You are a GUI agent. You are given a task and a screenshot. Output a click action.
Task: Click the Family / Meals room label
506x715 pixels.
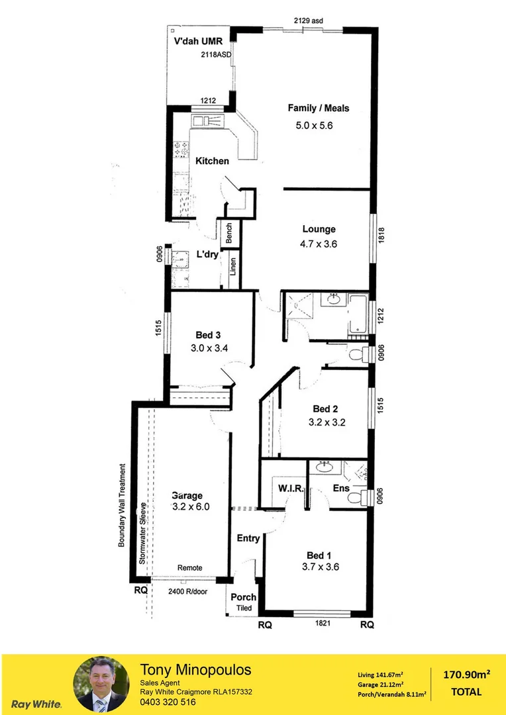(x=318, y=108)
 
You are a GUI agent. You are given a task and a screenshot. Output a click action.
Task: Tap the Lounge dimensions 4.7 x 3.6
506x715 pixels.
(x=319, y=244)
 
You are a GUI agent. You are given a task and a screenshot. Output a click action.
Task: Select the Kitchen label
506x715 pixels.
(x=212, y=161)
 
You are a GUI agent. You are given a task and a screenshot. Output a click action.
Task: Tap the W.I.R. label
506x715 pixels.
(x=290, y=489)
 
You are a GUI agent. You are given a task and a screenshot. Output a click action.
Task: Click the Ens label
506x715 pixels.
(x=341, y=489)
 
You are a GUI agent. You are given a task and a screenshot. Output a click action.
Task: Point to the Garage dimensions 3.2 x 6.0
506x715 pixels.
(x=191, y=507)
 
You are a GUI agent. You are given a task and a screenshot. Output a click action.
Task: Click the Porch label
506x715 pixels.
(x=243, y=597)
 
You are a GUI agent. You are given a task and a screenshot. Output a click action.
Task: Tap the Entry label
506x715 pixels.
(x=248, y=538)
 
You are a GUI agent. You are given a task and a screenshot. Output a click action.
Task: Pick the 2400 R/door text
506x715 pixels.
(x=187, y=591)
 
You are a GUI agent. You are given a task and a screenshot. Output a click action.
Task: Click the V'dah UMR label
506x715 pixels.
(x=198, y=41)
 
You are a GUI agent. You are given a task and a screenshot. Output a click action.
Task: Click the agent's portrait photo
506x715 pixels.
(x=100, y=684)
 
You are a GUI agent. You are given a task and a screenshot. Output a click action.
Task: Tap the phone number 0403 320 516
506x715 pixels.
(x=168, y=702)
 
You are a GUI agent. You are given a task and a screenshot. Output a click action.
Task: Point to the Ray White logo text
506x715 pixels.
(x=37, y=704)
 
